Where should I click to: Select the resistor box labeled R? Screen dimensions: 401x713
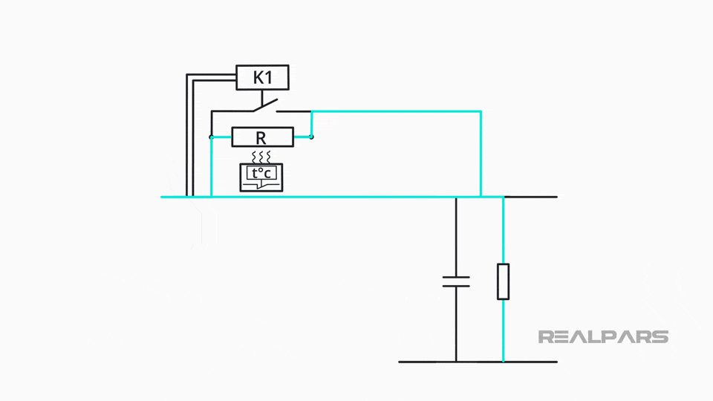coord(262,137)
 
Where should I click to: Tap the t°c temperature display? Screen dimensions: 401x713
coord(262,176)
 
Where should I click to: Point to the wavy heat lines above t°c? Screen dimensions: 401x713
coord(261,157)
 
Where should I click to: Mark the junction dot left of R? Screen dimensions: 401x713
coord(212,137)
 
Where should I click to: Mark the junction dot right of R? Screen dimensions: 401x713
coord(312,137)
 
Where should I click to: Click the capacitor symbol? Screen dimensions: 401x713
coord(456,281)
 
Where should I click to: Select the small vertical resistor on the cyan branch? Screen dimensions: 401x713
coord(503,281)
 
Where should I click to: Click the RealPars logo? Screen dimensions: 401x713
coord(602,336)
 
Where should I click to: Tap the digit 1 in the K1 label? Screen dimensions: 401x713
coord(270,77)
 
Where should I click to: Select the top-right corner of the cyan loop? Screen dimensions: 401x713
coord(481,111)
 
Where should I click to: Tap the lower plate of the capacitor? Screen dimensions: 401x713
coord(456,285)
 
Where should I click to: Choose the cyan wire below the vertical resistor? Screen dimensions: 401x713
coord(503,330)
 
